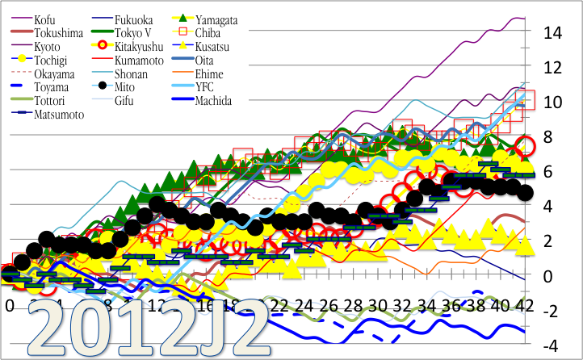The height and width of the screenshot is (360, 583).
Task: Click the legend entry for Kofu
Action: (x=45, y=19)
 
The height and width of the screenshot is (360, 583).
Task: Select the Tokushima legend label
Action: (x=58, y=33)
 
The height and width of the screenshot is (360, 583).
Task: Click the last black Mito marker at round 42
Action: (x=526, y=193)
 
